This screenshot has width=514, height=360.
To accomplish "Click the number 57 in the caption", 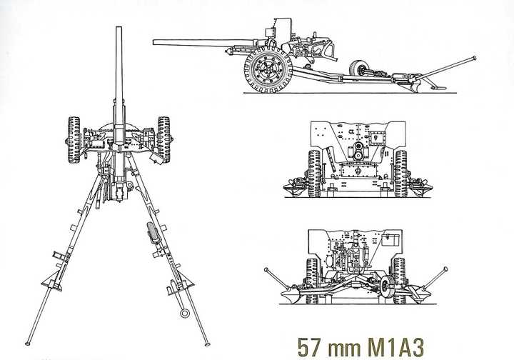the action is [309, 347].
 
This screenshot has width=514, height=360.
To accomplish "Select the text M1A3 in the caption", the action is [395, 347].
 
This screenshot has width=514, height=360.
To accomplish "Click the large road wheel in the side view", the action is [268, 69].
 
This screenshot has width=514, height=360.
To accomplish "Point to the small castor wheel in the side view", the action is [358, 69].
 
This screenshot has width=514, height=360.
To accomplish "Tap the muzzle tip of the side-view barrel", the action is [153, 42].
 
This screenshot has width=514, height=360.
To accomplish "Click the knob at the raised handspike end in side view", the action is [474, 59].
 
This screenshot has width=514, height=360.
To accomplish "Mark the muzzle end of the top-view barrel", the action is [119, 28].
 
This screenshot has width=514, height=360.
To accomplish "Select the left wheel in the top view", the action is [74, 140].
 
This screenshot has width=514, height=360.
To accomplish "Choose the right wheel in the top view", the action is [164, 140].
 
